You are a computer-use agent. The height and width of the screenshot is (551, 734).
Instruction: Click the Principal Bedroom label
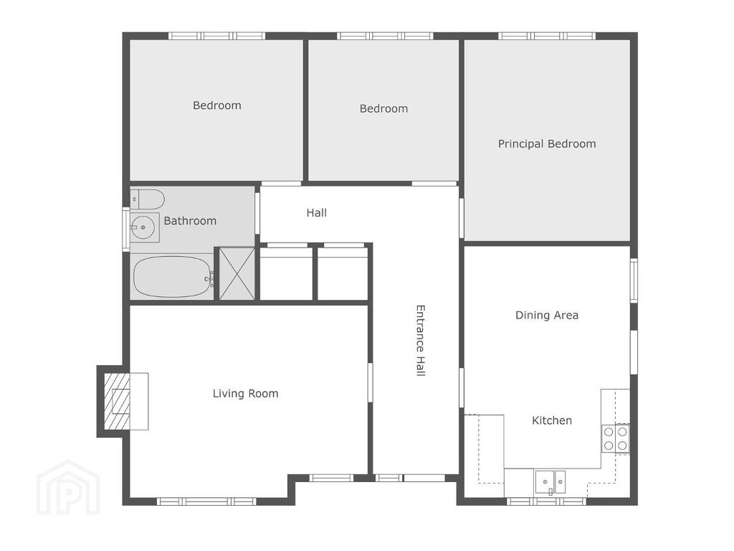pos(547,143)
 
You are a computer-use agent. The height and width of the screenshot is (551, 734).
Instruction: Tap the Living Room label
pos(245,394)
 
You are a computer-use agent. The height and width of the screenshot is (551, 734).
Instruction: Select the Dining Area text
pos(547,316)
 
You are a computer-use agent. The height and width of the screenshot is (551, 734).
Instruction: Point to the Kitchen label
pos(552,420)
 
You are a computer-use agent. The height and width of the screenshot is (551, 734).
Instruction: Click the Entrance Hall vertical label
pos(420,341)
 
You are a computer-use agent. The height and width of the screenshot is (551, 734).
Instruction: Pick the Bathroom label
pos(190,221)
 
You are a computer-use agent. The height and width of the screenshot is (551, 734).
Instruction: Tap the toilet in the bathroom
pos(147,199)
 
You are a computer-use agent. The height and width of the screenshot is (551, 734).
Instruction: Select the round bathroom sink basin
pos(143,227)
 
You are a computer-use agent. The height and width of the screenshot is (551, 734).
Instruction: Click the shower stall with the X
pos(237,273)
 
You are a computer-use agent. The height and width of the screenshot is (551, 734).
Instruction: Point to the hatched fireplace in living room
pos(117,402)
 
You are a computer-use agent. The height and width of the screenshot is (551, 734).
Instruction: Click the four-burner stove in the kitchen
pos(615,438)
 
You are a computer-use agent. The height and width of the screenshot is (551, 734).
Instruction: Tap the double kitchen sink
pos(550,482)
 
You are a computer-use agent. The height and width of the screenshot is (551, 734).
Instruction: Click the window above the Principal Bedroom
pos(547,36)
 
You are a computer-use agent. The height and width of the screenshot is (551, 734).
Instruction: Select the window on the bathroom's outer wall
pos(126,229)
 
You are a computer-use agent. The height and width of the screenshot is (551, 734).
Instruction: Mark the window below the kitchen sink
pos(547,501)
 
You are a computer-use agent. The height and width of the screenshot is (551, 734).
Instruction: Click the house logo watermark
pos(68,487)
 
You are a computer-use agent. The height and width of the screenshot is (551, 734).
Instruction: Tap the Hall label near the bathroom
pos(316,212)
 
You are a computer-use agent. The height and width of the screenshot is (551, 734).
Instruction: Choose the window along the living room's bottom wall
pos(206,501)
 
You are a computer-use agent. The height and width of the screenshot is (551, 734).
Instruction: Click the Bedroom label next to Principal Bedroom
pos(384,109)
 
